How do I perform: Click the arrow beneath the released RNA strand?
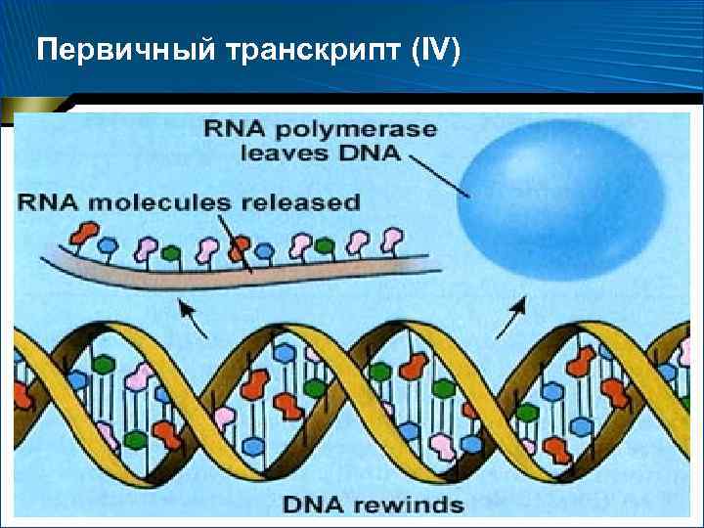pos(192,316)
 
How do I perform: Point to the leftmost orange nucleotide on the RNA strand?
pos(83,235)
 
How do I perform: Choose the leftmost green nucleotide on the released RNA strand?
pos(172,253)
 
